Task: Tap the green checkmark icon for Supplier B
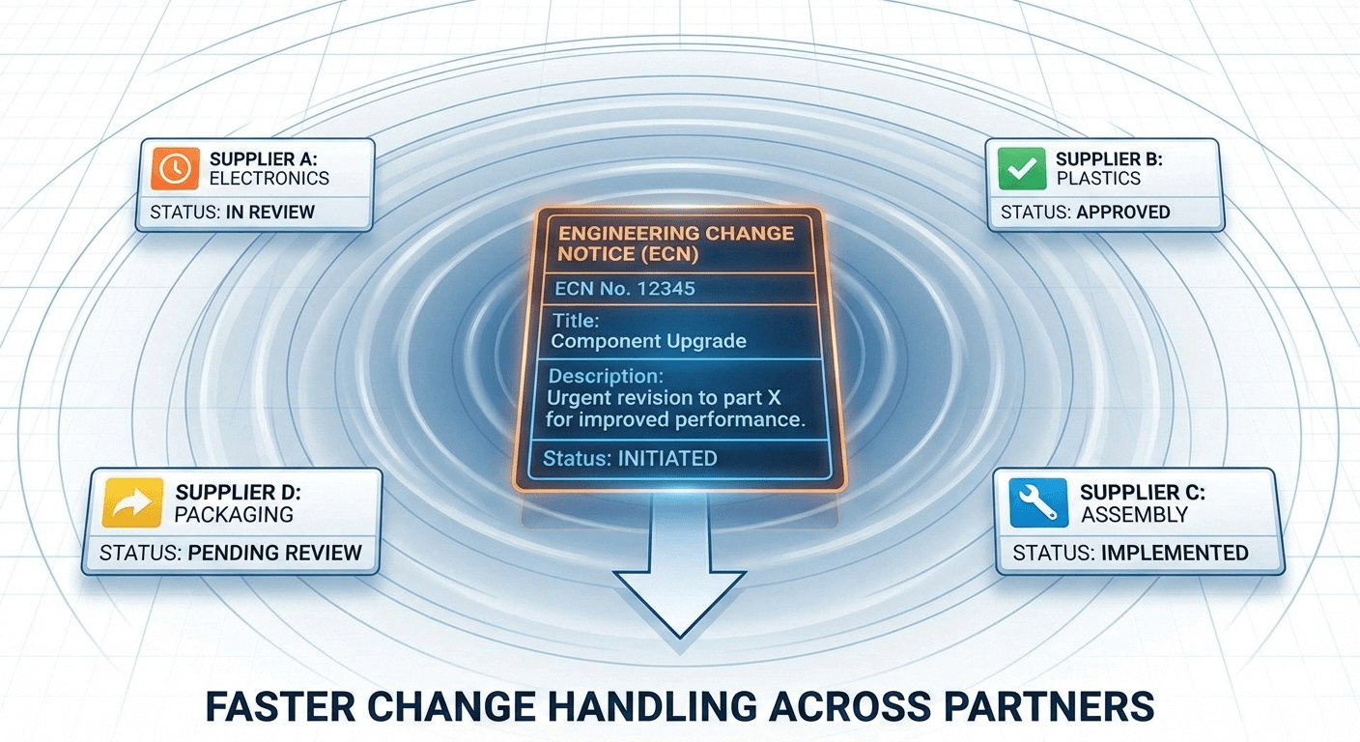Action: point(1022,168)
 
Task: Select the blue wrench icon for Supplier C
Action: point(1038,503)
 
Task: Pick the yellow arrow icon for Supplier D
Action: point(131,503)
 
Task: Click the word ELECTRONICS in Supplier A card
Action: point(269,179)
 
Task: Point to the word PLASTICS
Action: point(1098,179)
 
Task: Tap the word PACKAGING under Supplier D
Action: point(234,514)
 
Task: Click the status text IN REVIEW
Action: point(270,213)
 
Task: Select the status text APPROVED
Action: point(1123,213)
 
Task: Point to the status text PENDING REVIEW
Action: point(275,554)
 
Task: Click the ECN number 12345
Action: point(658,288)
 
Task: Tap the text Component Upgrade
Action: point(647,341)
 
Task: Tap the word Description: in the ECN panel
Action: point(606,376)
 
